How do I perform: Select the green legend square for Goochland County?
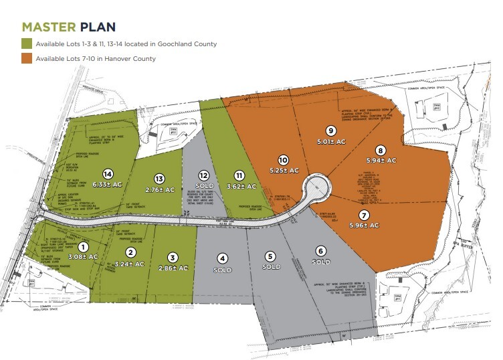click(27, 44)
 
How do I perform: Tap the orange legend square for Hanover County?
click(27, 59)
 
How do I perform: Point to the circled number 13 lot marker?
click(159, 179)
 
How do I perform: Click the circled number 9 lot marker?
click(330, 131)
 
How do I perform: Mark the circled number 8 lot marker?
click(381, 150)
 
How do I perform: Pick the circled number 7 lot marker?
click(364, 215)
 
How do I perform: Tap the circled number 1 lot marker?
click(84, 246)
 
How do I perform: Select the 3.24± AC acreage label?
click(131, 264)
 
